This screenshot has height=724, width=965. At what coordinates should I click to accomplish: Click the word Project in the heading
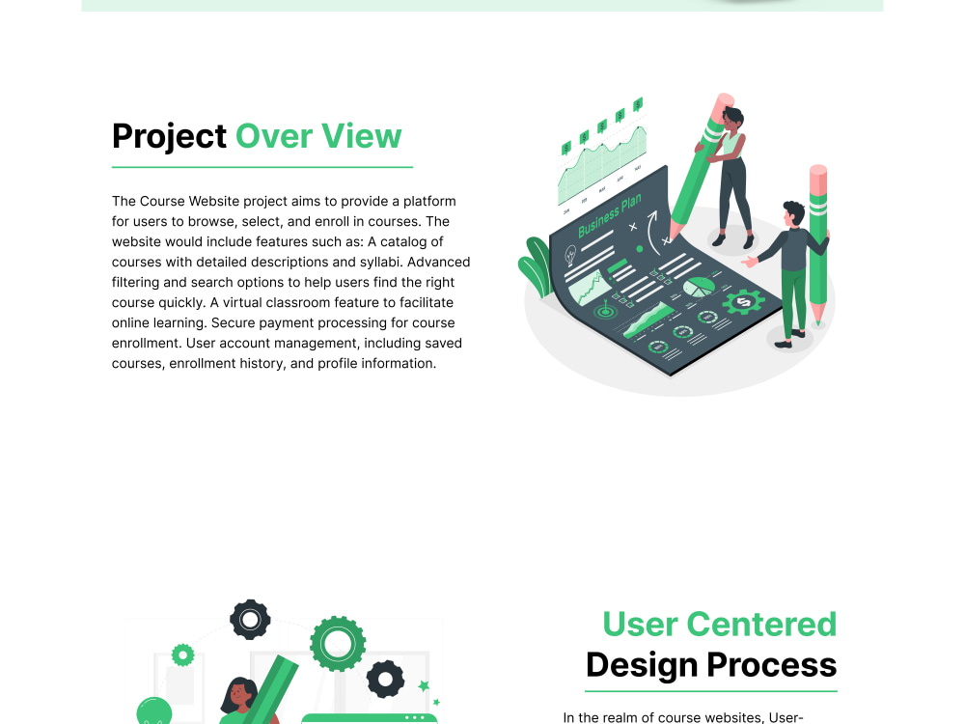(x=169, y=137)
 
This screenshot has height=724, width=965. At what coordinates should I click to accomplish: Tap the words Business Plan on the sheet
(x=609, y=216)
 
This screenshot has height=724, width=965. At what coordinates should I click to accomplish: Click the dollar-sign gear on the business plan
(x=742, y=303)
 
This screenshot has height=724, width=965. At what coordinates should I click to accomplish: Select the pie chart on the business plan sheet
(x=699, y=287)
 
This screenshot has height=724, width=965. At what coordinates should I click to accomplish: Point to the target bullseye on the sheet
(x=605, y=312)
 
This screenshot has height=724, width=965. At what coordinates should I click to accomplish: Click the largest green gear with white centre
(x=337, y=643)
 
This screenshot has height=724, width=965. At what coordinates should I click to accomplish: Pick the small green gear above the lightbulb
(x=182, y=655)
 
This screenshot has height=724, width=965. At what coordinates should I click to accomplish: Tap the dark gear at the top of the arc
(x=250, y=619)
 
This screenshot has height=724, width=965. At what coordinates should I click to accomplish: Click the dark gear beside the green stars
(x=385, y=680)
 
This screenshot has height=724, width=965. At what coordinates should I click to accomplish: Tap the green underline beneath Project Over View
(x=262, y=167)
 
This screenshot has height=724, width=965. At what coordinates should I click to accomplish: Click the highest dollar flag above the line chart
(x=638, y=104)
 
